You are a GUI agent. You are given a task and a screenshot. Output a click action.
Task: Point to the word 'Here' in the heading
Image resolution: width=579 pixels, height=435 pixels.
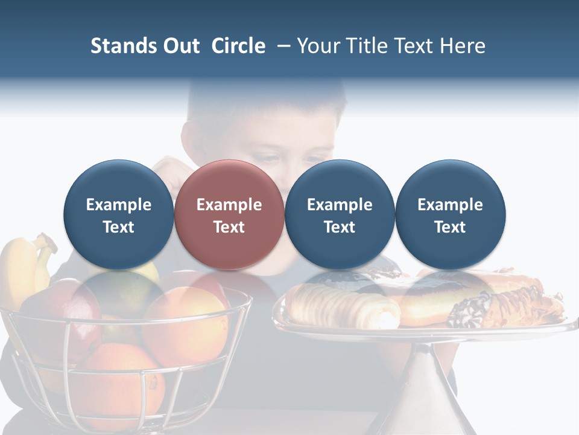pyautogui.click(x=463, y=46)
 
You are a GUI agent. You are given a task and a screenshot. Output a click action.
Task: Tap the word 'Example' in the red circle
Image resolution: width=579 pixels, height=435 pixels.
pyautogui.click(x=229, y=205)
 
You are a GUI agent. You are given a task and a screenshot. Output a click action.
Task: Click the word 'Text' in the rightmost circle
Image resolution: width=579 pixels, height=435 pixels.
pyautogui.click(x=450, y=227)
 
